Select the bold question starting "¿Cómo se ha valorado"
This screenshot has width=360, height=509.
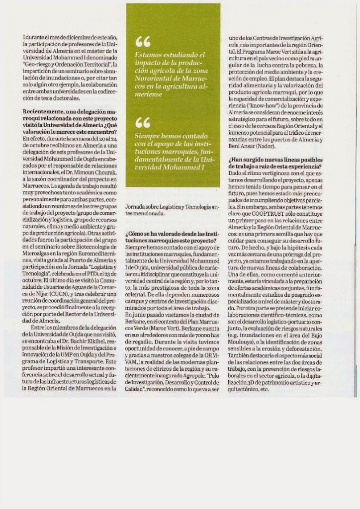pyautogui.click(x=172, y=236)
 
